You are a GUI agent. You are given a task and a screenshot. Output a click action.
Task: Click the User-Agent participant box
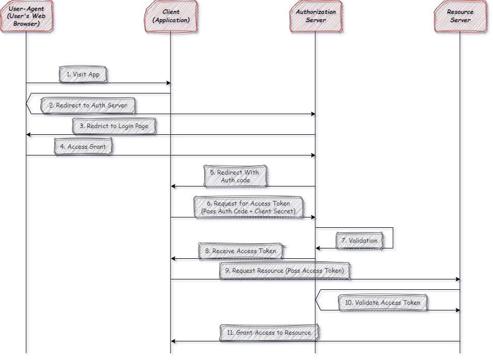click(x=26, y=16)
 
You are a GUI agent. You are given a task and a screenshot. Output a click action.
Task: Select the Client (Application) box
click(x=171, y=16)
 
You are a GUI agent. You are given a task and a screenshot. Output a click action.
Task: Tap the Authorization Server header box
click(x=315, y=16)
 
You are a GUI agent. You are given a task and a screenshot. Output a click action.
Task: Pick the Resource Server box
click(x=460, y=16)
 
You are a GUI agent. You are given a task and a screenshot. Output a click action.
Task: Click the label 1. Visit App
click(x=83, y=74)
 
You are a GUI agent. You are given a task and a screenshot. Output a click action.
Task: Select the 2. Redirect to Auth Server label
click(x=87, y=105)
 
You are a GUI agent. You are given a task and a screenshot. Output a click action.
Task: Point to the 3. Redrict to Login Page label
click(x=114, y=126)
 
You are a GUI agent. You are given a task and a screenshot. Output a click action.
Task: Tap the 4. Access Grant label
click(x=83, y=147)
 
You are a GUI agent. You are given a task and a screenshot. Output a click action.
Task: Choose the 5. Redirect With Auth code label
click(x=235, y=176)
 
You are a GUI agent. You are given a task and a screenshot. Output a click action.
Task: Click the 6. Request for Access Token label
click(x=248, y=207)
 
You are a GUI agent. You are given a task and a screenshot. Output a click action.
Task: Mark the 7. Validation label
click(x=359, y=241)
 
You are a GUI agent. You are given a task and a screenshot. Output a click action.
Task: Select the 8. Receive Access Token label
click(x=240, y=251)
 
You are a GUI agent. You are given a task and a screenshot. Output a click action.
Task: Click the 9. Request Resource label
click(x=284, y=271)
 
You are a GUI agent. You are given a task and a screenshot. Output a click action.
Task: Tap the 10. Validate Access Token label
click(x=383, y=303)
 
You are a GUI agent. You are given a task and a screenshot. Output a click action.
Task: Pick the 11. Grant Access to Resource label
click(x=269, y=333)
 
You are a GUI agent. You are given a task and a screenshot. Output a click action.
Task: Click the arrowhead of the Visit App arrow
click(x=168, y=83)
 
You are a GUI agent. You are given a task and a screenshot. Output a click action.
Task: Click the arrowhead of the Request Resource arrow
click(x=457, y=279)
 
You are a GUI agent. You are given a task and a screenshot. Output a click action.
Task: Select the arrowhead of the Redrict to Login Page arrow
click(x=29, y=135)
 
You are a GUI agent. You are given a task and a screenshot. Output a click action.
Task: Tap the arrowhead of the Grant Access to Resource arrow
click(x=174, y=341)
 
